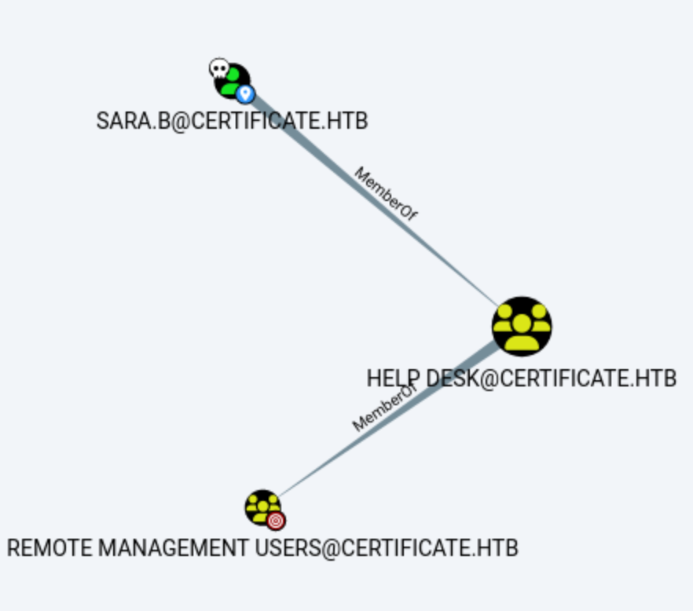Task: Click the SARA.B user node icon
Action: coord(232,80)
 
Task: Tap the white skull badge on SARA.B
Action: coord(218,69)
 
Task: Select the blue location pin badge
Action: coord(245,95)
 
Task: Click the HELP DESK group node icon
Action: coord(522,326)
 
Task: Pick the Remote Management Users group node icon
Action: coord(262,507)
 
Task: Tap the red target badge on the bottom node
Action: coord(276,521)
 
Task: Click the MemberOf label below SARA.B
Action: coord(385,194)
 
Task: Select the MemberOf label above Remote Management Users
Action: coord(383,409)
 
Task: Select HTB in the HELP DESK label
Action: coord(655,379)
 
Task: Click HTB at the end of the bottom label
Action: coord(497,547)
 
